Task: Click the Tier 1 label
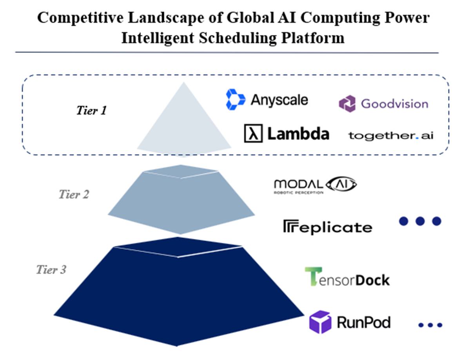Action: [91, 110]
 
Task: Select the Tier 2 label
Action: [74, 194]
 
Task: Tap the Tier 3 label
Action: [51, 270]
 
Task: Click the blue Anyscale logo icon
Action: [235, 99]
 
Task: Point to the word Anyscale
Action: [279, 100]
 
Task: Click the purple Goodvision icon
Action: [347, 103]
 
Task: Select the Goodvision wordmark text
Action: [394, 104]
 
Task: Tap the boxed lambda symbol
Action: [253, 133]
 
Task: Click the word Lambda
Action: [298, 134]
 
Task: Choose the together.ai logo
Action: [391, 136]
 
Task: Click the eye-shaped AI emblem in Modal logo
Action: [341, 184]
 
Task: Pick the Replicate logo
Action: [327, 227]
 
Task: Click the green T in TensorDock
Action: [313, 276]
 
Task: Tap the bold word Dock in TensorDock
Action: [372, 280]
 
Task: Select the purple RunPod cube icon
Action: [320, 322]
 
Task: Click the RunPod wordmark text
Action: [364, 322]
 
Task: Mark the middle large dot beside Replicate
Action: [420, 221]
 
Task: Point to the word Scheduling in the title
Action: [238, 38]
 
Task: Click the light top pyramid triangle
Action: [184, 123]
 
